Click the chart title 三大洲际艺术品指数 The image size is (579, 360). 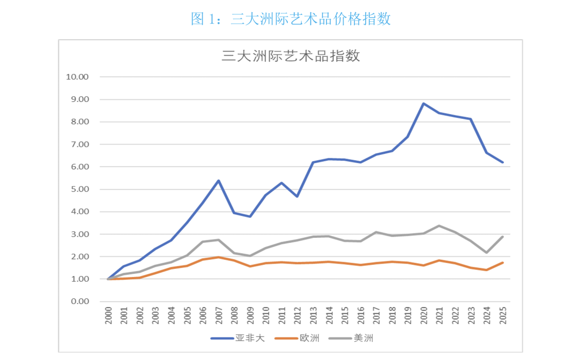click(291, 56)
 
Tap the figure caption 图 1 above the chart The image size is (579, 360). click(291, 19)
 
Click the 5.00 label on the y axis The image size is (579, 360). click(78, 189)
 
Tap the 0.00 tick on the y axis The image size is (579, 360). click(78, 302)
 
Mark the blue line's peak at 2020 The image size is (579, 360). click(424, 103)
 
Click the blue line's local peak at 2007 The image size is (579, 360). click(219, 181)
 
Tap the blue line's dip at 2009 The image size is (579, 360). click(250, 216)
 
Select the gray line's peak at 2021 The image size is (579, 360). click(440, 226)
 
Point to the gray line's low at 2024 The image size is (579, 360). click(487, 253)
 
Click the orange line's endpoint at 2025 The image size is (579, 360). click(502, 262)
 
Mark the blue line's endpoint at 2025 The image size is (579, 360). click(502, 162)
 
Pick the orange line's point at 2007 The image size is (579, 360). click(219, 257)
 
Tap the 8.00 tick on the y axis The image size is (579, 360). click(78, 122)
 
